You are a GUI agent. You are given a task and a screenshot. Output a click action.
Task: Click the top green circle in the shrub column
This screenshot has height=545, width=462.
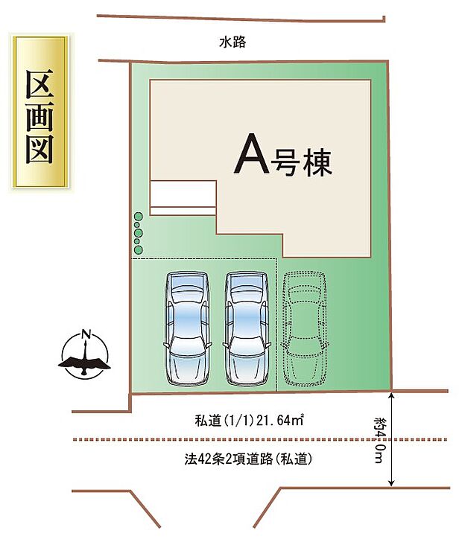(138, 217)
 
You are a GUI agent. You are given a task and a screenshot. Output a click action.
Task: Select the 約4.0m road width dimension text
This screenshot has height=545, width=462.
(381, 439)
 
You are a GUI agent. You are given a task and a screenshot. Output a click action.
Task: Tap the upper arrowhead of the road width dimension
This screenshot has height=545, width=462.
(391, 395)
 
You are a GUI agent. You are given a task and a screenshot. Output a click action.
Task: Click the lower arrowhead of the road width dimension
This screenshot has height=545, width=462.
(391, 484)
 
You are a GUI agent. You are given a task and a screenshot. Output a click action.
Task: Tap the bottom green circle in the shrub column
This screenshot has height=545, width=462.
(138, 250)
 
